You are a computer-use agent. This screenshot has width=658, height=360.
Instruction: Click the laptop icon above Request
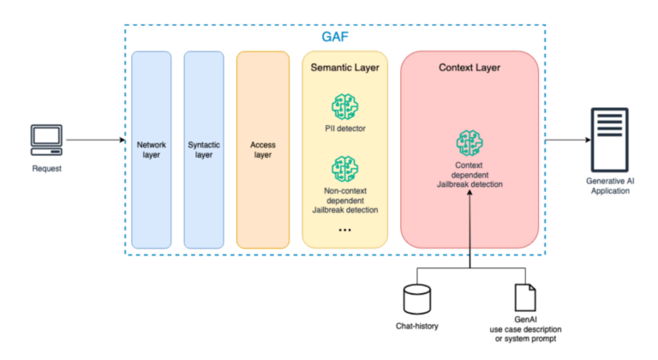click(45, 138)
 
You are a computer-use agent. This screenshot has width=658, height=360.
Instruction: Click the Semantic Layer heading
click(344, 67)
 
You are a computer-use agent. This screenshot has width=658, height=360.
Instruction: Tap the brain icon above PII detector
click(344, 106)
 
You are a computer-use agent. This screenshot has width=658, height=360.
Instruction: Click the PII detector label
click(344, 129)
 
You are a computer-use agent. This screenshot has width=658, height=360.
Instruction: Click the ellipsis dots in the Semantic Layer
click(344, 230)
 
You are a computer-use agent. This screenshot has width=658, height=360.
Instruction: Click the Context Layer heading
click(469, 67)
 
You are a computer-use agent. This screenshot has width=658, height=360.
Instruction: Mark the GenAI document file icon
click(523, 297)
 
